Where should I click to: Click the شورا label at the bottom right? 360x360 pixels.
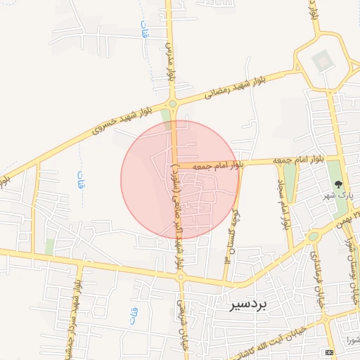tap(351, 342)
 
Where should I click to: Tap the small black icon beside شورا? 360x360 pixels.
tap(328, 351)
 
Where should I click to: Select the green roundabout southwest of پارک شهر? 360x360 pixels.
tap(313, 236)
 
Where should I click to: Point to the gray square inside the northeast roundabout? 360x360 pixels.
tap(322, 60)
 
